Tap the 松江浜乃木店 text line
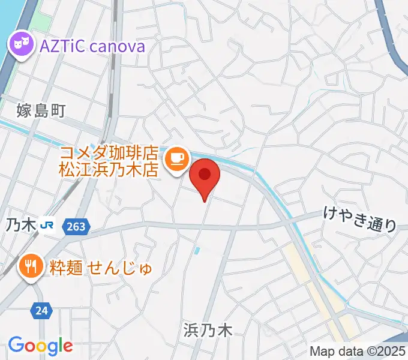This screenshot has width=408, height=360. click(x=108, y=169)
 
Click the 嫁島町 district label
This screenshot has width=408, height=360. click(x=40, y=110)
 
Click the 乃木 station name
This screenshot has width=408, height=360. click(x=20, y=226)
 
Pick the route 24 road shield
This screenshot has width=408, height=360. click(x=41, y=310)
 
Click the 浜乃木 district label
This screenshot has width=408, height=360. click(x=207, y=329)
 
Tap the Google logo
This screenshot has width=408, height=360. click(x=40, y=346)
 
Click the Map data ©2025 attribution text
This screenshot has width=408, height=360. click(x=358, y=351)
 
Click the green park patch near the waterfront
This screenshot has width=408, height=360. click(x=41, y=20)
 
